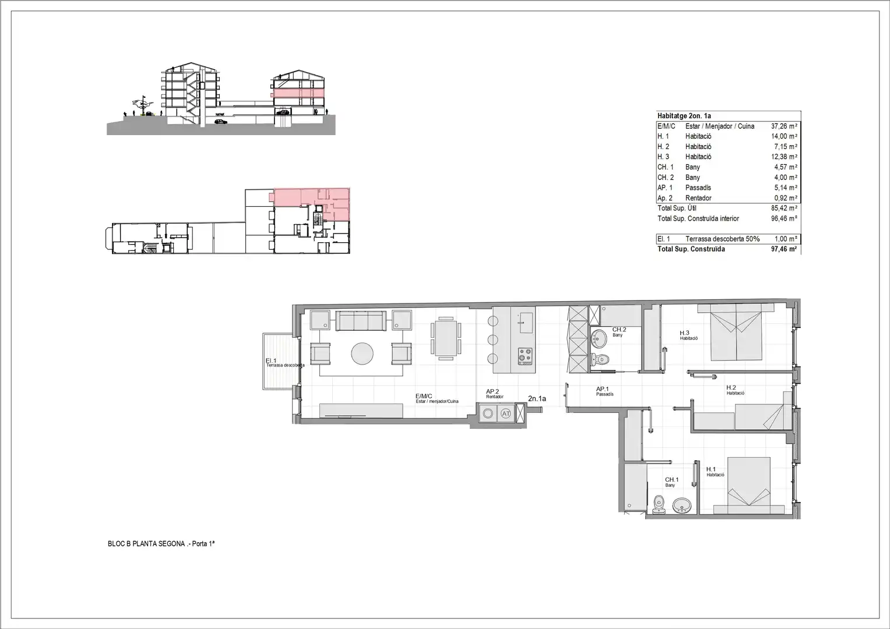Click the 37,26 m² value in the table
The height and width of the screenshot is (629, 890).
[784, 126]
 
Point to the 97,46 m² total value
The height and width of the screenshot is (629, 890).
[784, 249]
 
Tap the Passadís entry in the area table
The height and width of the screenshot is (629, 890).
[698, 188]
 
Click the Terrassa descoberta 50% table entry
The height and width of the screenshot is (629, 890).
[722, 239]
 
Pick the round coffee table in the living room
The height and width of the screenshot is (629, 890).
[363, 354]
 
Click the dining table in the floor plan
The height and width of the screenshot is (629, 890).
[446, 339]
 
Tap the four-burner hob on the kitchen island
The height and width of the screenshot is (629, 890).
[525, 356]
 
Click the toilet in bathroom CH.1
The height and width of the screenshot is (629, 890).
[659, 505]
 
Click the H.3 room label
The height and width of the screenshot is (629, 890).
[684, 333]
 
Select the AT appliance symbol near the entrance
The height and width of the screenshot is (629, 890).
[505, 414]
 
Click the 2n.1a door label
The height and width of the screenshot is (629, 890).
[537, 399]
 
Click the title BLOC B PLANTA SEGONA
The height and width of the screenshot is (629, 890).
[146, 543]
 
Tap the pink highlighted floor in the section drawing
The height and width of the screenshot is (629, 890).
[298, 93]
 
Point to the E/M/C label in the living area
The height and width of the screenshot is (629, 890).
[424, 396]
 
